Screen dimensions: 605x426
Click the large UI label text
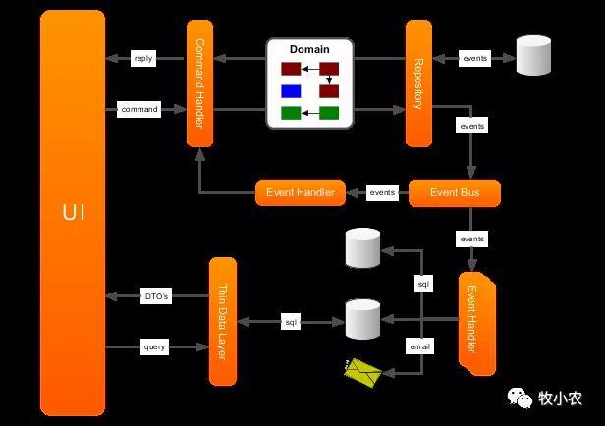pos(74,212)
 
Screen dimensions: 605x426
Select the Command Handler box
pos(200,83)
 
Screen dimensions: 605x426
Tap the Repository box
pos(418,83)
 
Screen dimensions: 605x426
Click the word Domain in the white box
pos(309,49)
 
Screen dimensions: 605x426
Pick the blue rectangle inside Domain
pos(291,91)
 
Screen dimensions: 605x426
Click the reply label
pos(143,58)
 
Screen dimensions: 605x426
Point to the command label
pos(138,110)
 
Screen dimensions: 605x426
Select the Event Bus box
pos(455,192)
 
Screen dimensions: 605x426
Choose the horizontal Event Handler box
pos(301,192)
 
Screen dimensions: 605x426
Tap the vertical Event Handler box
pos(477,324)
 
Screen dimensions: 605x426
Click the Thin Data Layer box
pos(223,322)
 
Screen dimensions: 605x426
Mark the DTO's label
pos(156,296)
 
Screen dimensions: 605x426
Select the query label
pos(154,346)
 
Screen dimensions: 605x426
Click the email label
pos(419,346)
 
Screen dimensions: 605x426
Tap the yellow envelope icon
pos(362,373)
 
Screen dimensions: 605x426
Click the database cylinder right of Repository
pos(533,55)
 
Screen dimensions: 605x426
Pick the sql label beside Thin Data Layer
pos(291,322)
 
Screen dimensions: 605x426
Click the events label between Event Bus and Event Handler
pos(382,192)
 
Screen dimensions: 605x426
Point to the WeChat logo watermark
pos(520,398)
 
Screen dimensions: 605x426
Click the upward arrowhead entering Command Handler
pos(200,154)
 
